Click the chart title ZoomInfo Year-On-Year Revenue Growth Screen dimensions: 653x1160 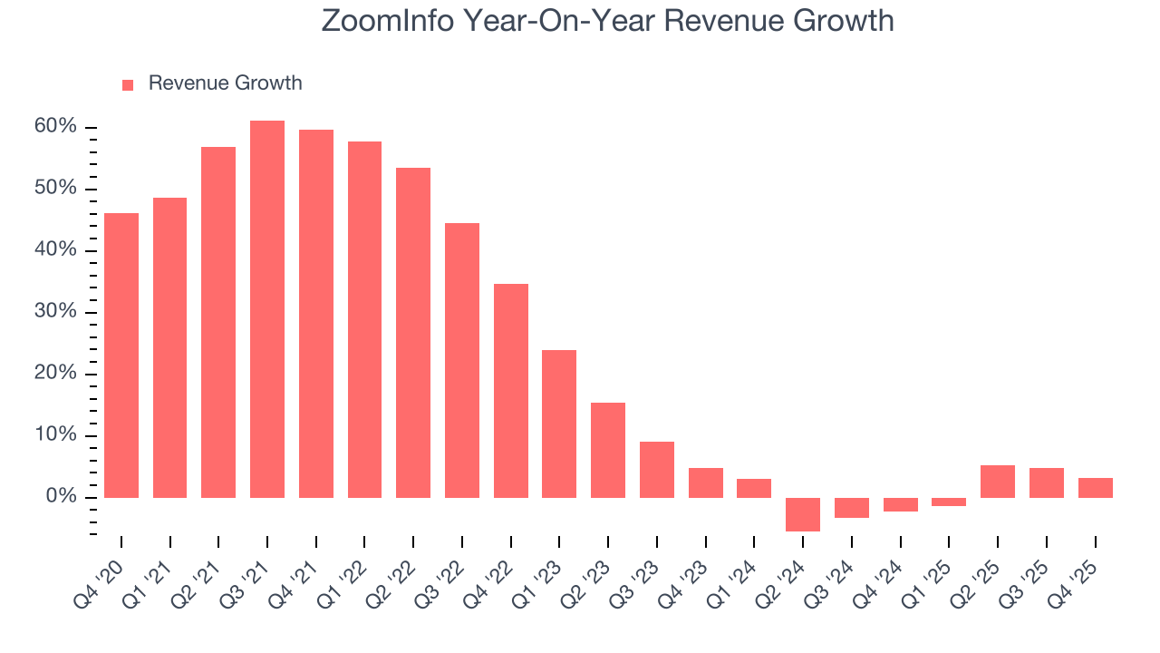(607, 21)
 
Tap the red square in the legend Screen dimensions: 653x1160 (128, 84)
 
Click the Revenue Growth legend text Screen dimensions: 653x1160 (225, 83)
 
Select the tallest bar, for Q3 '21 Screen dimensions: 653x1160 (267, 308)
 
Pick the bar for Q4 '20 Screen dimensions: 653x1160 (121, 356)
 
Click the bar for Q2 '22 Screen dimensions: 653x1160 (413, 333)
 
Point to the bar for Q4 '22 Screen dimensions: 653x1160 (510, 390)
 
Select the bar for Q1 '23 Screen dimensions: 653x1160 (559, 424)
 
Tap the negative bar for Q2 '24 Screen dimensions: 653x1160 (803, 514)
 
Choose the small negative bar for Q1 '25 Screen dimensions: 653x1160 (949, 502)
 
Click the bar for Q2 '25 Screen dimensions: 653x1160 (998, 482)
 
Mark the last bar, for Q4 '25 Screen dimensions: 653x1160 (1095, 488)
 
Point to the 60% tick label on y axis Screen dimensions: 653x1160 (56, 127)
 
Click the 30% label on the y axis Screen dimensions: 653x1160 (56, 312)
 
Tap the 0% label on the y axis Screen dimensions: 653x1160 (61, 497)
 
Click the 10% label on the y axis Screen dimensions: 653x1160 (56, 435)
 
